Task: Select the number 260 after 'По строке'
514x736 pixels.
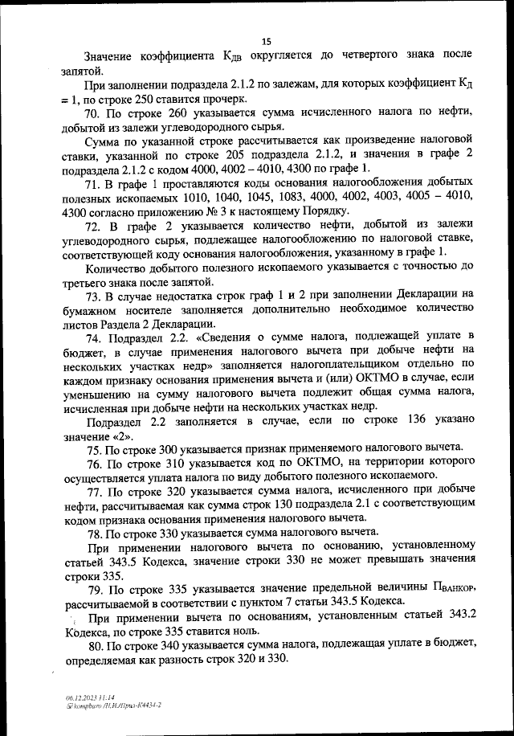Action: pos(179,114)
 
